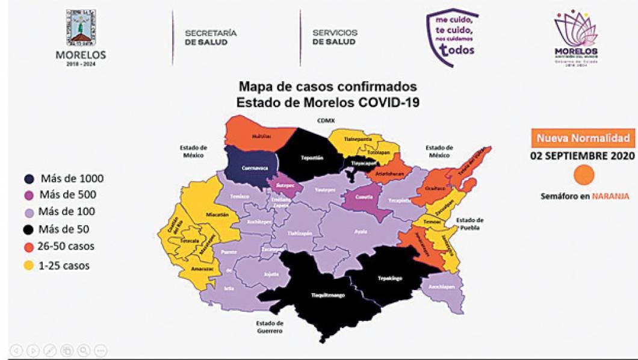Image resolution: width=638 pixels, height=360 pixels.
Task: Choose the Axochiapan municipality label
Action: point(441,287)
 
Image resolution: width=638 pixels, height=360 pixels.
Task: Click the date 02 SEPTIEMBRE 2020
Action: point(583,156)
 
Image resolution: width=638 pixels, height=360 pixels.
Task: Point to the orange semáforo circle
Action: point(584,175)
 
